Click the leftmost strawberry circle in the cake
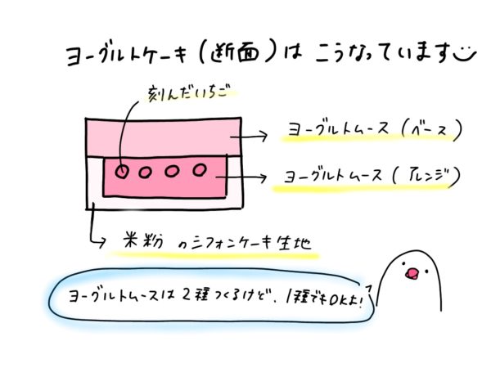click(121, 172)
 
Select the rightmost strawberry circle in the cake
click(199, 170)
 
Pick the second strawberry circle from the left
click(146, 172)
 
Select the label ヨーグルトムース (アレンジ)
click(367, 176)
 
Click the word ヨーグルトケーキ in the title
click(123, 56)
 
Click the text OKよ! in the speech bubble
click(349, 294)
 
